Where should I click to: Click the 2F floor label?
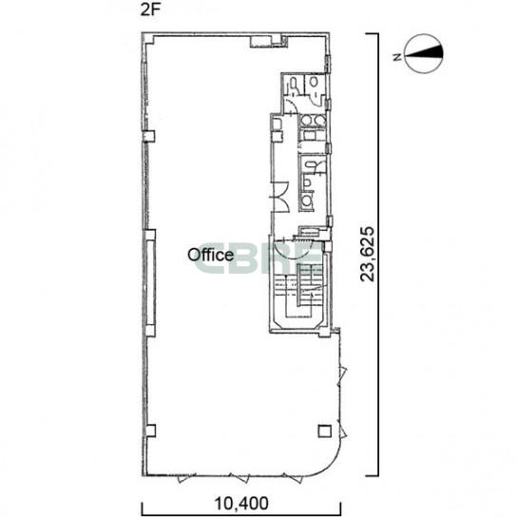(x=150, y=10)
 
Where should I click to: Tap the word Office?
(x=211, y=255)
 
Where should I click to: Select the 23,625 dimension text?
(x=367, y=254)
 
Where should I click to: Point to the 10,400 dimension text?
(x=241, y=504)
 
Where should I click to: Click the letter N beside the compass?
(x=397, y=57)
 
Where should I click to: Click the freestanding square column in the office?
(x=325, y=431)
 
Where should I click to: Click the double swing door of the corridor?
(x=279, y=197)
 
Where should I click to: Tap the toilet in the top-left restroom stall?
(x=294, y=86)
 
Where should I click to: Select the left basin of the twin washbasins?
(x=307, y=121)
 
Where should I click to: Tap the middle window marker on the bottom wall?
(x=239, y=478)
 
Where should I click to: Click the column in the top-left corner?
(x=148, y=38)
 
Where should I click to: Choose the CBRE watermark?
(x=258, y=258)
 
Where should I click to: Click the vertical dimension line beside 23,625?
(x=377, y=255)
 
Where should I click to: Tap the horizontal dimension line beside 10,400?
(x=241, y=511)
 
